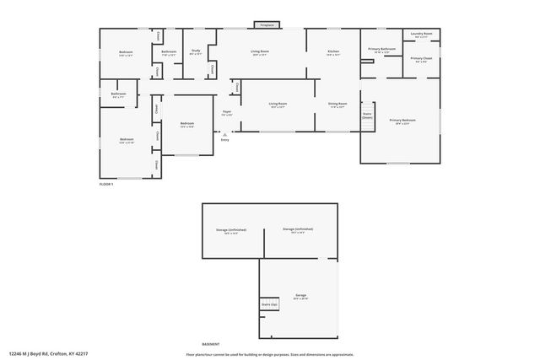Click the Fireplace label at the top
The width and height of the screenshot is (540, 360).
tap(267, 25)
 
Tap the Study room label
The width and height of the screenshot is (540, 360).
tap(195, 52)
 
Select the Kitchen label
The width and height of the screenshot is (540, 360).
tap(333, 52)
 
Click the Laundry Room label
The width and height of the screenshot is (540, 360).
tap(422, 35)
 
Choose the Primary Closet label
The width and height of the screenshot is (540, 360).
tap(422, 58)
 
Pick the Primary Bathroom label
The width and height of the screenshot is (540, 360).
tap(381, 49)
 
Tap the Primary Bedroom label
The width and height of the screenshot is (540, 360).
tap(402, 121)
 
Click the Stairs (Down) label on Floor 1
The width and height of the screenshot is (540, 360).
tap(367, 116)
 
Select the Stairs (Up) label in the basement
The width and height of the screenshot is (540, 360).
tap(269, 303)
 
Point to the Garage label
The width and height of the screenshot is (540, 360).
tap(300, 295)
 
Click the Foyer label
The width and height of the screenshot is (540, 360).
tap(227, 112)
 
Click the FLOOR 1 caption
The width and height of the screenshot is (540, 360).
tap(106, 183)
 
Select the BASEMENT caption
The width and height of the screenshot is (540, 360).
tap(211, 344)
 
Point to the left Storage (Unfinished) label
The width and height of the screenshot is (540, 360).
tap(231, 229)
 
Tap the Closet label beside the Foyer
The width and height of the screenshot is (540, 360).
tap(237, 87)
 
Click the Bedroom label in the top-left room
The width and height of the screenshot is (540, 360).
tap(126, 53)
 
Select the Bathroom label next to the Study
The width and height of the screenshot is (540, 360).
tap(169, 52)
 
